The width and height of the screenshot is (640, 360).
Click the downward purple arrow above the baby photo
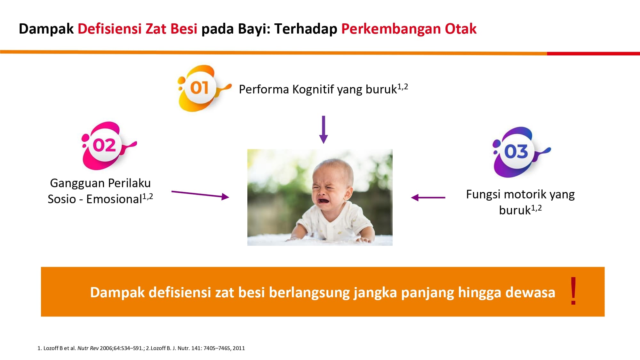coord(324,130)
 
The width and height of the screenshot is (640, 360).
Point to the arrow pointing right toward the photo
coord(200,194)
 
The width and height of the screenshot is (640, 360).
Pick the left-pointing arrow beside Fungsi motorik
coord(428,197)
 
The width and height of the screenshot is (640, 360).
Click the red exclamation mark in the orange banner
coord(573,291)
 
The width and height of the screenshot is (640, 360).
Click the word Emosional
coord(114,199)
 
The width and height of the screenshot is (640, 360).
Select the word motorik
coord(525,194)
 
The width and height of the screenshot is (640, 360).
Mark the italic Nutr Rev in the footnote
coord(88,348)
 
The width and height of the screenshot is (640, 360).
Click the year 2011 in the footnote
coord(239,348)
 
